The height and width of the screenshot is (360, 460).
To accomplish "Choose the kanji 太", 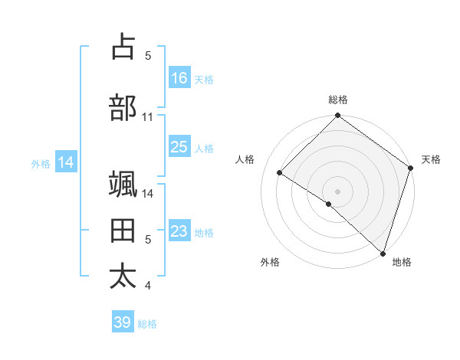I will (123, 277).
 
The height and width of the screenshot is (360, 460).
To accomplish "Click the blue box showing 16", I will (179, 78).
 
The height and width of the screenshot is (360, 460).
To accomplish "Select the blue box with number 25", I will (179, 147).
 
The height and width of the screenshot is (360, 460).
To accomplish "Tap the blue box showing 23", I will (179, 231).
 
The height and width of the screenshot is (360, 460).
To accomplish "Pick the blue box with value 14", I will (66, 162).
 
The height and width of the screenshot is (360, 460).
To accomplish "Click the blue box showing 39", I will (122, 322).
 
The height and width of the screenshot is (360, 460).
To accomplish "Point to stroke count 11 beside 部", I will (148, 117).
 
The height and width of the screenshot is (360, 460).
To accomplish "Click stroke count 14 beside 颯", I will (148, 193).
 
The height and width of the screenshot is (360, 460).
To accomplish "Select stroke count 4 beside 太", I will (148, 286).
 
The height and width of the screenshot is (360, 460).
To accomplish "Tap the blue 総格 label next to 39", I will (147, 324).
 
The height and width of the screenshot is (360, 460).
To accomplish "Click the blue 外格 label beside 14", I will (41, 163).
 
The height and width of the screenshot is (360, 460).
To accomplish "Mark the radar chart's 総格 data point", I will (337, 117).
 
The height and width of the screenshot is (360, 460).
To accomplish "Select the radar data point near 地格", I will (383, 253).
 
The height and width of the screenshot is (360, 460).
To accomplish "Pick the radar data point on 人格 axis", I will (280, 173).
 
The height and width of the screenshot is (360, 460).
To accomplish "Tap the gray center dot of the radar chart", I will (337, 191).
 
